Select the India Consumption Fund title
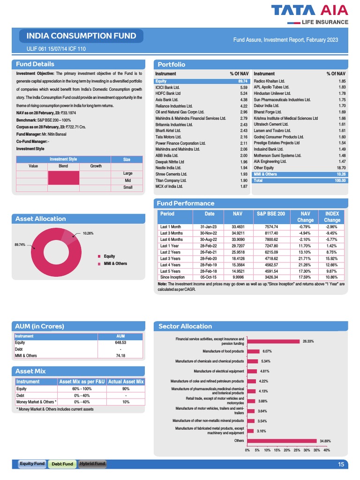coord(81,36)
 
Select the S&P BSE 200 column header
coord(271,214)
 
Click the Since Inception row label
coord(172,277)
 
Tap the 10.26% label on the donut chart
coord(88,233)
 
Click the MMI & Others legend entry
coord(115,263)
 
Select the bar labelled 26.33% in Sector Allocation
coord(273,341)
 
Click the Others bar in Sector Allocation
coord(282,441)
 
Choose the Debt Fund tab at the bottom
coord(62,464)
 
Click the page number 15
coord(341,464)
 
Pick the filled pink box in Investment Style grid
coord(63,178)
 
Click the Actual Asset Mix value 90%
coord(126,389)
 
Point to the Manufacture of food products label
coord(223,351)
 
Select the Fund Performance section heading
coord(186,203)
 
